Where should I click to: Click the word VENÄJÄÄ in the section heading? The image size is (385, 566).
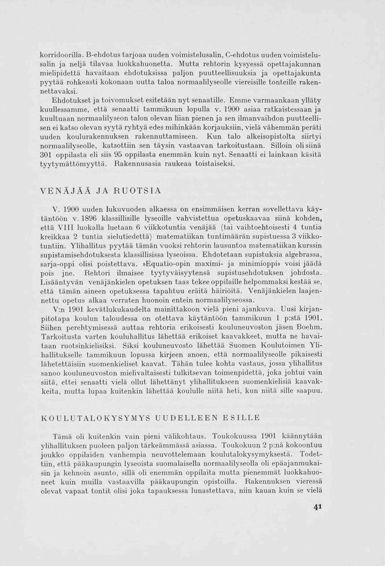pyautogui.click(x=64, y=190)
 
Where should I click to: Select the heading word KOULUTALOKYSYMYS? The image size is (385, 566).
pyautogui.click(x=95, y=417)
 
